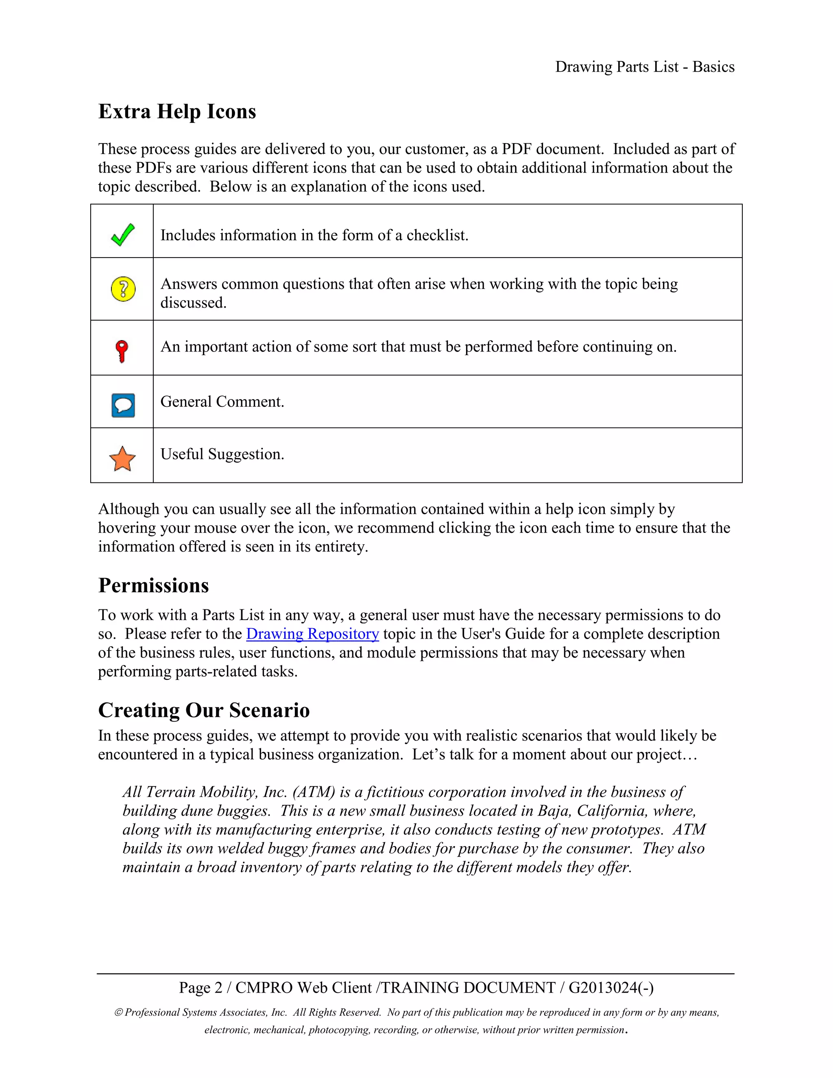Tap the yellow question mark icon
pos(123,289)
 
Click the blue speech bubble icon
pos(123,405)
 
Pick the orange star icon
pos(122,458)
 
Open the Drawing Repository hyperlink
pos(312,634)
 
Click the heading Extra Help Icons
pos(177,111)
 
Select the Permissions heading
pos(153,585)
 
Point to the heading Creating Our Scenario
pos(204,710)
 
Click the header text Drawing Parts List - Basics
pos(645,67)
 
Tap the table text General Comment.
pos(222,402)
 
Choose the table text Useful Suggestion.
pos(222,454)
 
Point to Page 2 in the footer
pos(201,988)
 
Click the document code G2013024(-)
pos(611,988)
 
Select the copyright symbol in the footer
pos(118,1013)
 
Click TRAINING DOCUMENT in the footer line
pos(468,988)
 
